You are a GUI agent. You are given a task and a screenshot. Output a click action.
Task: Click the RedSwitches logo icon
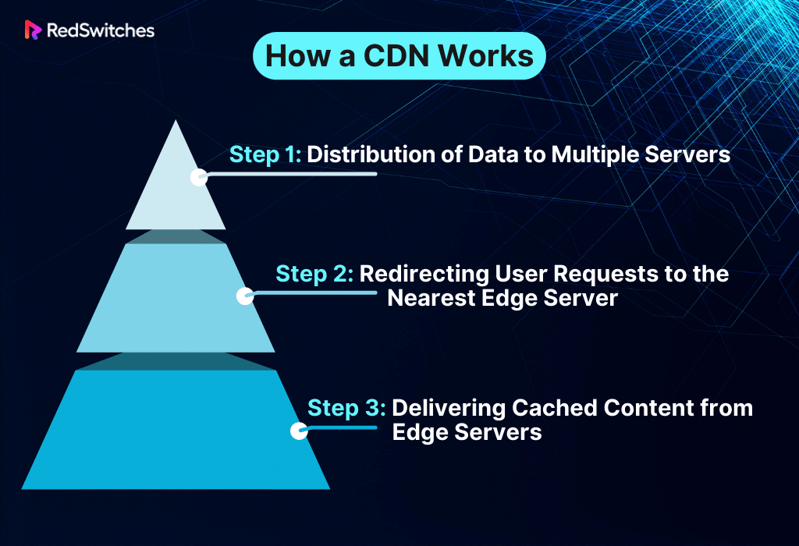pos(33,30)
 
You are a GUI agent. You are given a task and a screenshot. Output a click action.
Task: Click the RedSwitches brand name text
pos(100,30)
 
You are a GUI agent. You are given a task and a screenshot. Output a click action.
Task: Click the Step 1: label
pos(265,154)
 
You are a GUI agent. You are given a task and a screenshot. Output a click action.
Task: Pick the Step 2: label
pos(314,275)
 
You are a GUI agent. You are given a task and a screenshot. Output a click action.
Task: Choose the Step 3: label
pos(346,408)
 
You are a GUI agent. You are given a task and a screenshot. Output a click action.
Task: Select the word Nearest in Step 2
pos(440,298)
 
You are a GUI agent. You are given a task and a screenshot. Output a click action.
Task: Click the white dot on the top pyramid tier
pos(200,176)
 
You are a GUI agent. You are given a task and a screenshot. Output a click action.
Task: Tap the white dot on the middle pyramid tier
pos(245,296)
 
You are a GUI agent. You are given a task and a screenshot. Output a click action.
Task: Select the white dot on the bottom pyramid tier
pos(299,431)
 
